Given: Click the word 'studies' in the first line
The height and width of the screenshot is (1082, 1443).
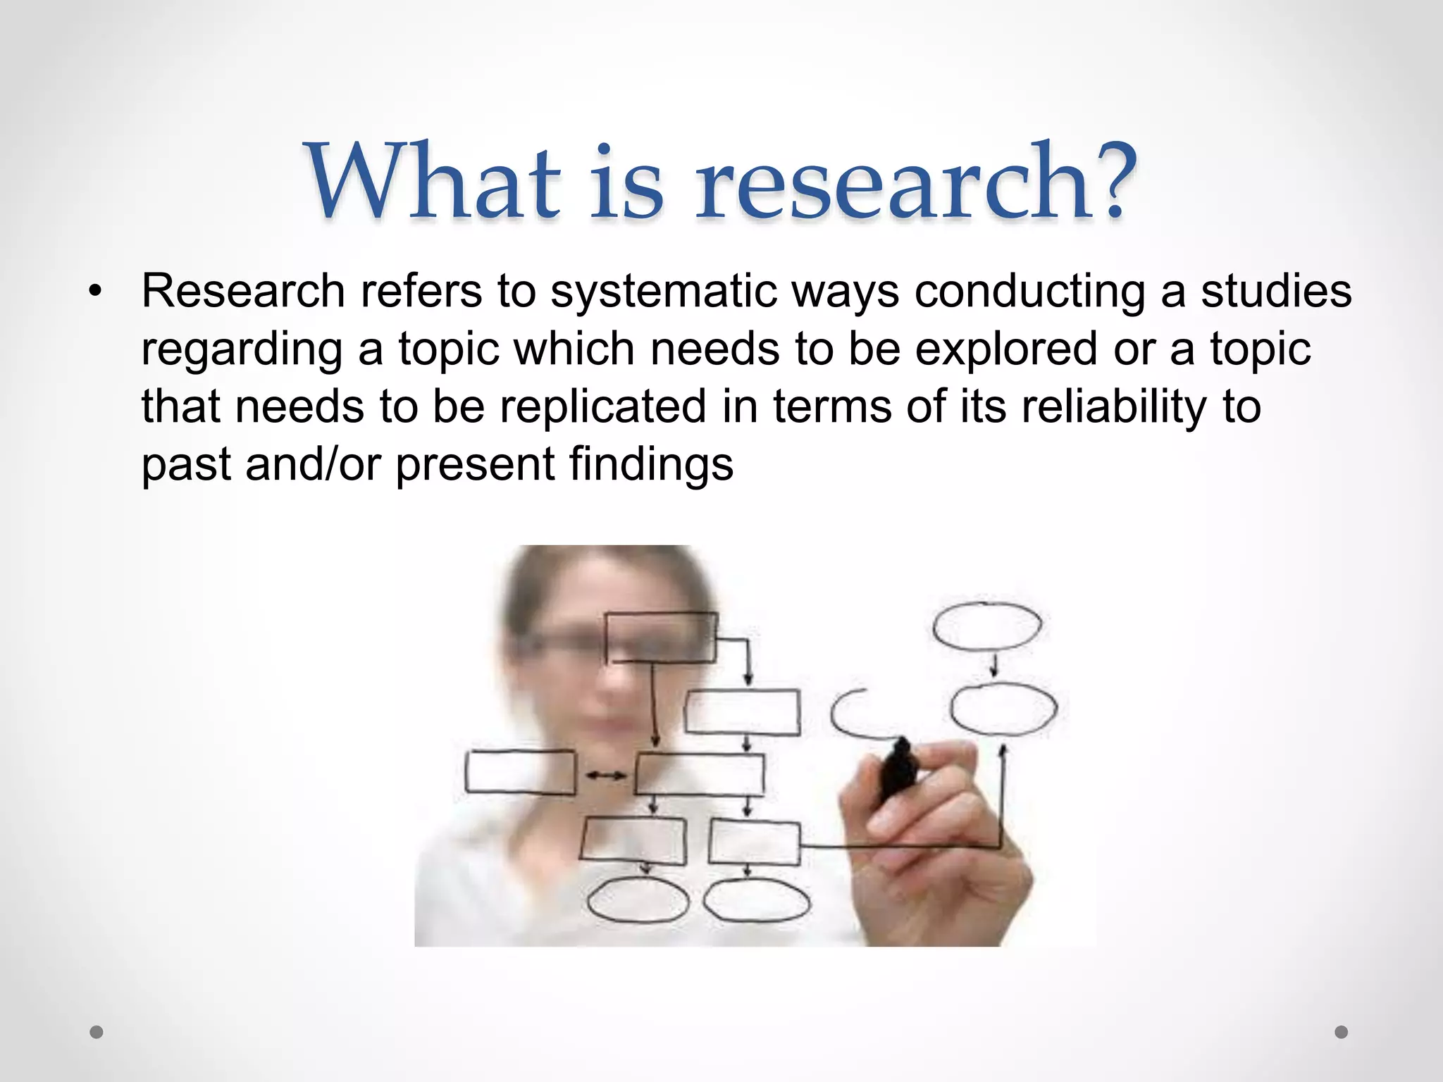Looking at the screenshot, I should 1276,291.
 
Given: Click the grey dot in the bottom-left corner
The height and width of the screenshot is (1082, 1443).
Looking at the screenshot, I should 97,1032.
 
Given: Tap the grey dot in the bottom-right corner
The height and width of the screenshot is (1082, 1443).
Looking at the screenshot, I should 1342,1032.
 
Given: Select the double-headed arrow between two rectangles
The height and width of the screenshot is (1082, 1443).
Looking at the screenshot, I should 606,775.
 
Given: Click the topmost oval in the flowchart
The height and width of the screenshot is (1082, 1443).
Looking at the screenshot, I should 986,626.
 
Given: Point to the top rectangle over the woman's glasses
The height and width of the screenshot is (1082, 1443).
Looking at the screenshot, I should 660,638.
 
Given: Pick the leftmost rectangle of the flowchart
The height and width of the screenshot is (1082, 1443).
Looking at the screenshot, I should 520,772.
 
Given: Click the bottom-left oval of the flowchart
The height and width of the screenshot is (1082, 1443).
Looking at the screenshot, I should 638,902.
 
